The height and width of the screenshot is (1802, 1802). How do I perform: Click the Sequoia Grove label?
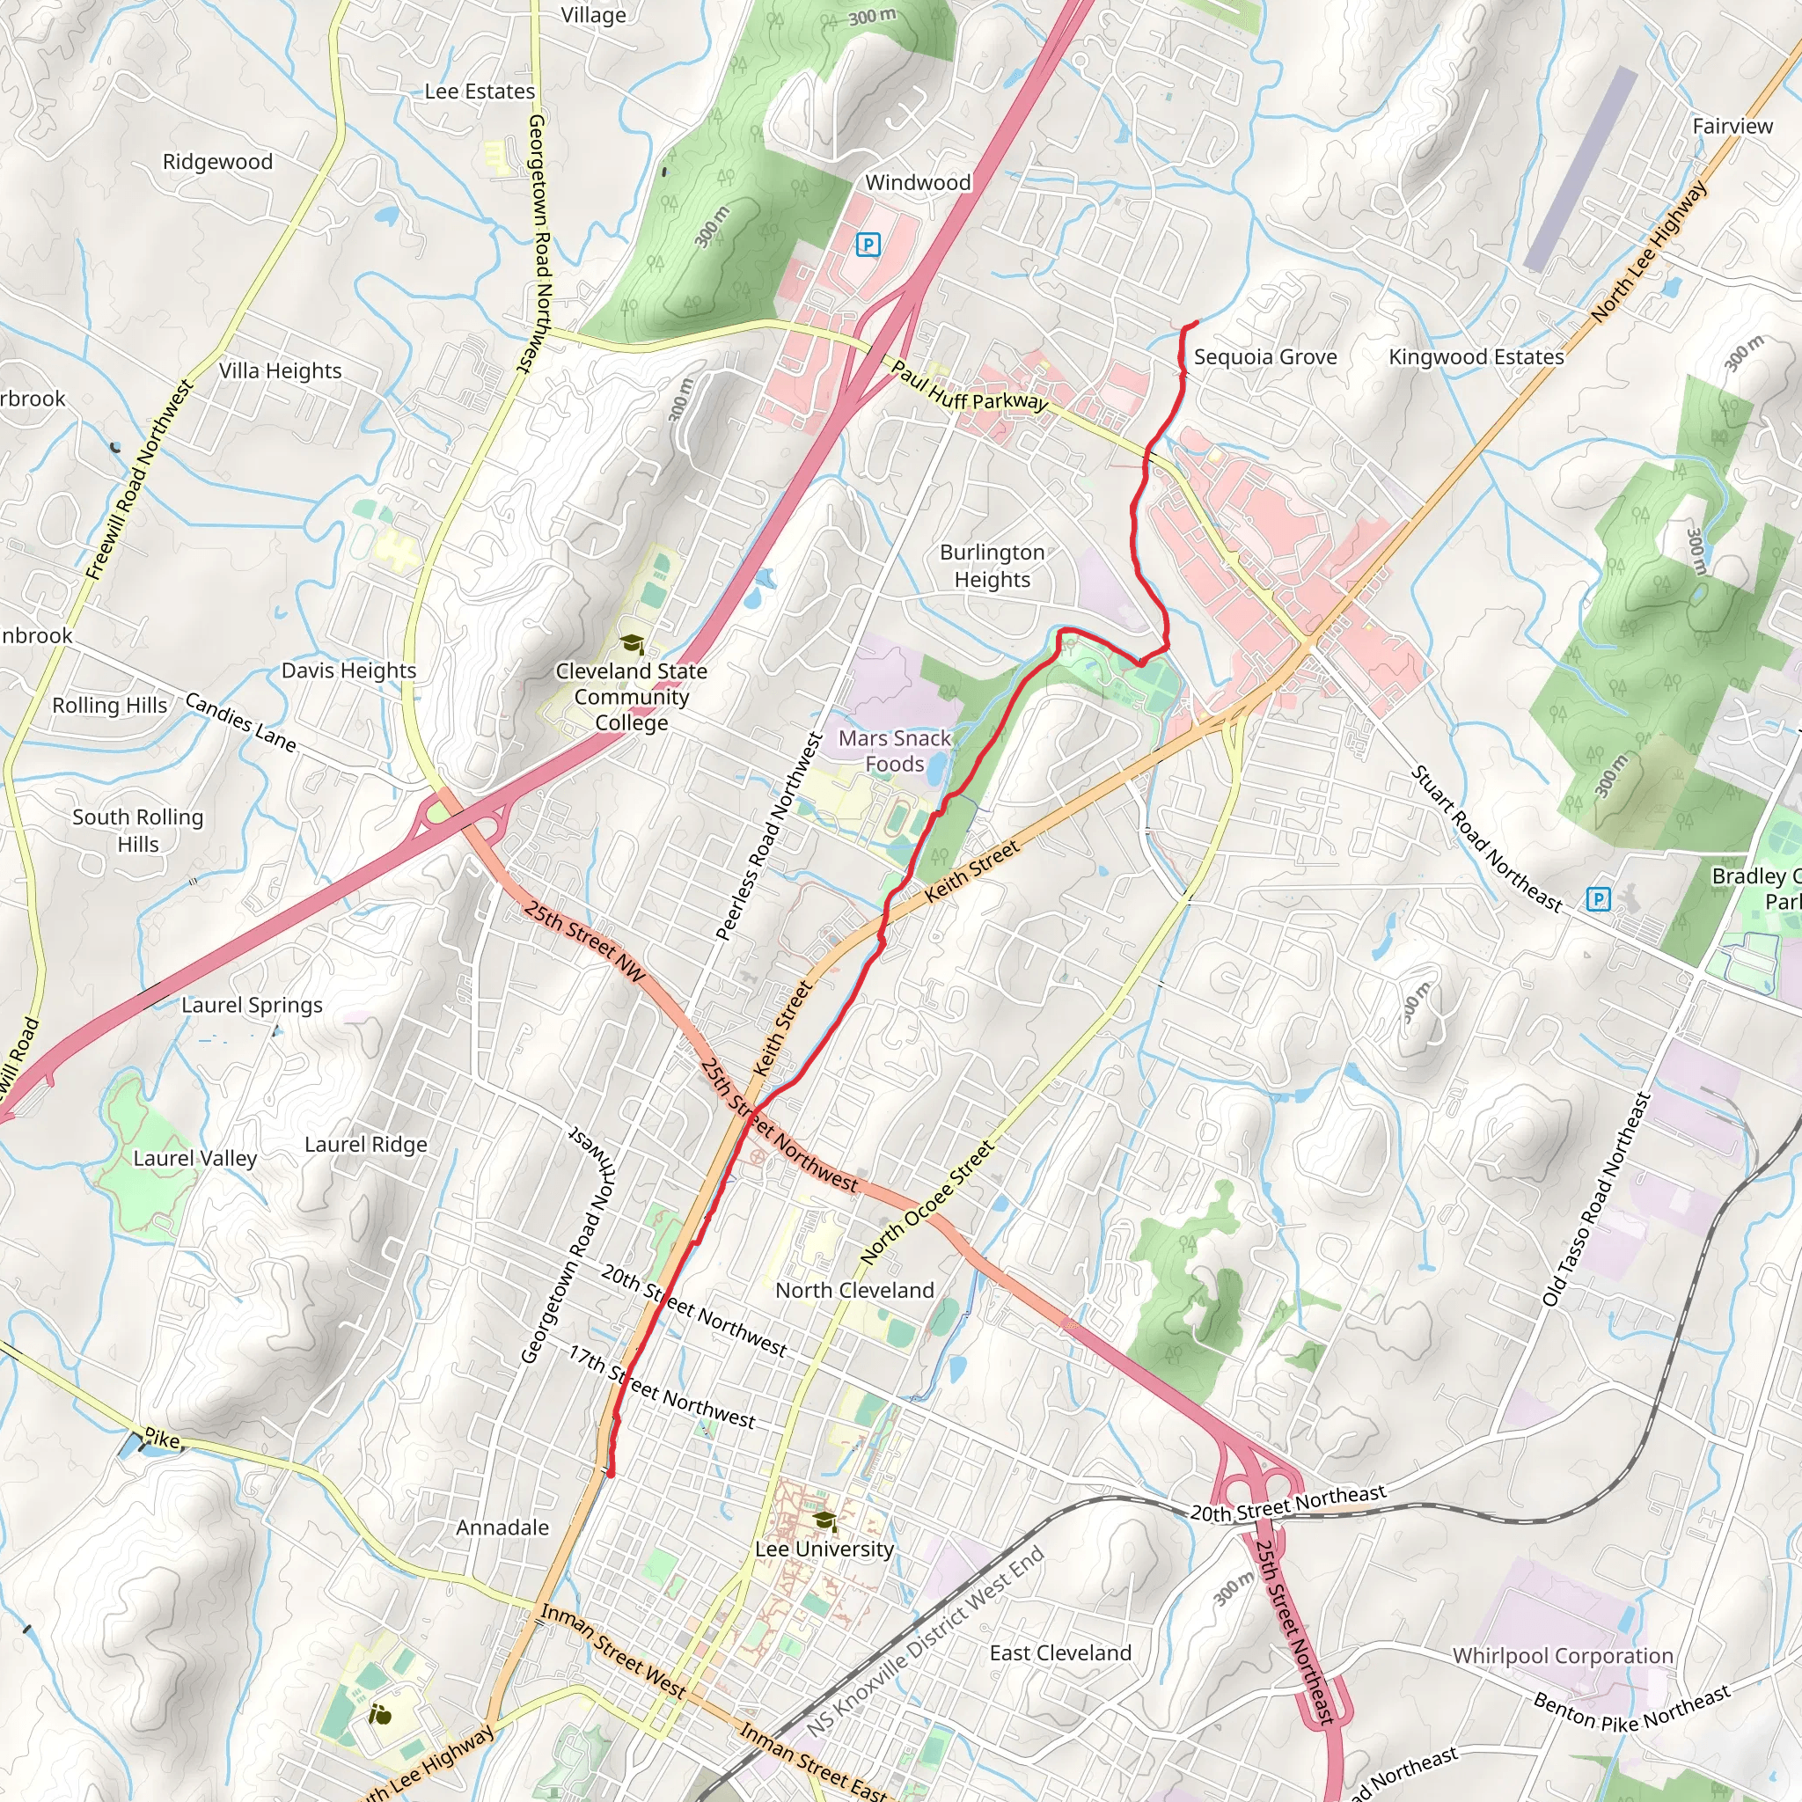click(1264, 357)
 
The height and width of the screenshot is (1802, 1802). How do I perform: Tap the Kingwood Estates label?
click(1476, 357)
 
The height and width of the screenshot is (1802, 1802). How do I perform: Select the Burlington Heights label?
click(992, 566)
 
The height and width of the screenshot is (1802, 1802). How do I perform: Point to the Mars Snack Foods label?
click(894, 751)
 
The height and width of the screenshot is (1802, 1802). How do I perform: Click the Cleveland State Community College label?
click(632, 697)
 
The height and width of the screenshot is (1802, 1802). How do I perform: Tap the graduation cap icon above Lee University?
click(824, 1521)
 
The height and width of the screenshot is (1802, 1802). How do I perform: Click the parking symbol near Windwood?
click(868, 245)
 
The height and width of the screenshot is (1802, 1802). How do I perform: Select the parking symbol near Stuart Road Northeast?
click(1598, 899)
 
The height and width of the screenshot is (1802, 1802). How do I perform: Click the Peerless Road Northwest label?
click(770, 836)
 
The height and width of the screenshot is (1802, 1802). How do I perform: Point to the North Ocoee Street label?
click(927, 1203)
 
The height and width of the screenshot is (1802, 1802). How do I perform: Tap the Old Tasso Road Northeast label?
click(1596, 1198)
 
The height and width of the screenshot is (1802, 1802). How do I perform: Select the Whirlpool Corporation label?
click(1563, 1656)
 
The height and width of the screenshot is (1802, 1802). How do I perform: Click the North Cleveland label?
click(854, 1290)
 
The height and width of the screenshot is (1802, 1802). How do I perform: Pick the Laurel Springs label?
click(252, 1005)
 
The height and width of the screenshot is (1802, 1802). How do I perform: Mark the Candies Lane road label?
click(240, 722)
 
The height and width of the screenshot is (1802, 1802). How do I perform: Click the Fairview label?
click(1732, 126)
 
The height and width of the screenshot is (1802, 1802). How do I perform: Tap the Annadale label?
click(502, 1527)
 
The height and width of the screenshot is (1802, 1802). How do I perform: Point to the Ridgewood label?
click(217, 161)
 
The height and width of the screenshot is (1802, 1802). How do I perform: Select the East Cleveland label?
click(1059, 1652)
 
